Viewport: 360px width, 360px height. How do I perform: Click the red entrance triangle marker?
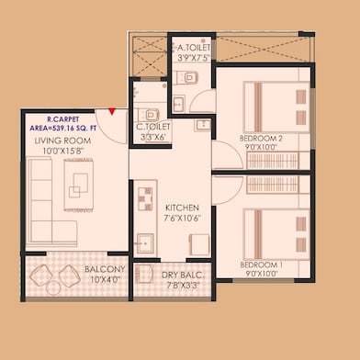[x=112, y=111]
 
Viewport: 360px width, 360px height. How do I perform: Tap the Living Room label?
[x=62, y=141]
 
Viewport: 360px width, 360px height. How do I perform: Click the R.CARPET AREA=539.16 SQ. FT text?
[x=63, y=124]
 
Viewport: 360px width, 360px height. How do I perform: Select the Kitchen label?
[x=182, y=208]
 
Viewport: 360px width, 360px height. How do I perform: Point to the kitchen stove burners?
[x=145, y=199]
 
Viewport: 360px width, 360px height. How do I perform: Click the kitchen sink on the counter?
[x=145, y=243]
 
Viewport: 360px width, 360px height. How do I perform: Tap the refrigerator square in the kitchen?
[x=199, y=244]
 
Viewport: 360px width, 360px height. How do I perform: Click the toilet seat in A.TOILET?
[x=187, y=77]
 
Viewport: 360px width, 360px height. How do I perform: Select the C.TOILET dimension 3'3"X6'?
[x=152, y=138]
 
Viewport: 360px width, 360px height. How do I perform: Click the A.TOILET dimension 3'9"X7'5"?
[x=194, y=57]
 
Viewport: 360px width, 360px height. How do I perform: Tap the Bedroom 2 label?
[x=261, y=139]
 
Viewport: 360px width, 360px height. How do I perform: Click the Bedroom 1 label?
[x=262, y=264]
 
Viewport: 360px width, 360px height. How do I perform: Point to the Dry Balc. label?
[x=183, y=276]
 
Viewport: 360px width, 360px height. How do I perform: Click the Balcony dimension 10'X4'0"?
[x=105, y=279]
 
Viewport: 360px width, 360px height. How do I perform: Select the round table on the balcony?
[x=53, y=287]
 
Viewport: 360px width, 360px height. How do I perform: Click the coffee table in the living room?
[x=79, y=185]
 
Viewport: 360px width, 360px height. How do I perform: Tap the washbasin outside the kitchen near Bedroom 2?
[x=203, y=125]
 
